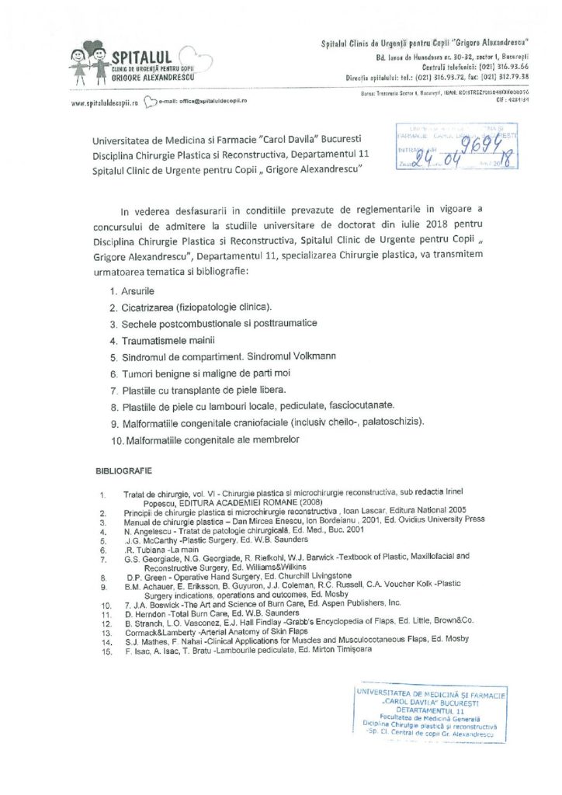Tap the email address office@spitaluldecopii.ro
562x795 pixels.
(x=203, y=102)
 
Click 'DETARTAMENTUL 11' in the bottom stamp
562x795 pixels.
(x=430, y=710)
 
